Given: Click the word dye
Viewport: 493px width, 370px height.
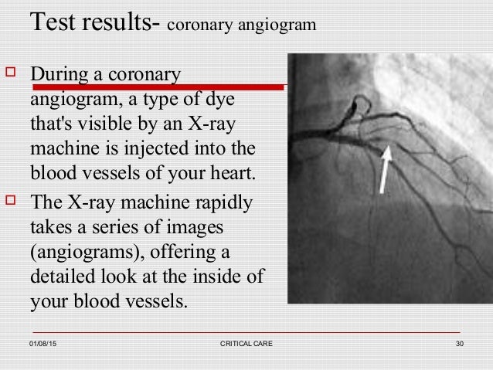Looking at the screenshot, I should (223, 101).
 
